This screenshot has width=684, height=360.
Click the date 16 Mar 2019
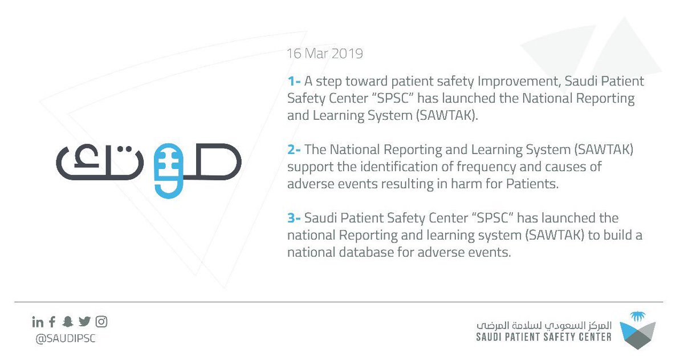[x=325, y=54]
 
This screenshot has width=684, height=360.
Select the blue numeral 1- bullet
[x=294, y=82]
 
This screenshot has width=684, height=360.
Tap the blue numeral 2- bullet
[x=294, y=150]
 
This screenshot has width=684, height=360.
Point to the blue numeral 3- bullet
[x=294, y=219]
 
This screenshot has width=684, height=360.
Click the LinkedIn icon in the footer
[x=38, y=322]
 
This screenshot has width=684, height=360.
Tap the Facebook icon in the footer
[x=52, y=322]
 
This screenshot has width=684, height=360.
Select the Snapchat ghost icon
[x=68, y=322]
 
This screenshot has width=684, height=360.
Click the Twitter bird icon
[x=84, y=322]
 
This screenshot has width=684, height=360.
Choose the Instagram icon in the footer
[x=101, y=322]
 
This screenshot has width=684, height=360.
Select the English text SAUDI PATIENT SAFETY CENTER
[x=544, y=337]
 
